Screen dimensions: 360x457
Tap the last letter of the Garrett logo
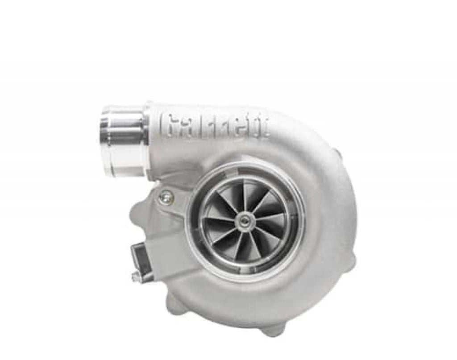264,127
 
